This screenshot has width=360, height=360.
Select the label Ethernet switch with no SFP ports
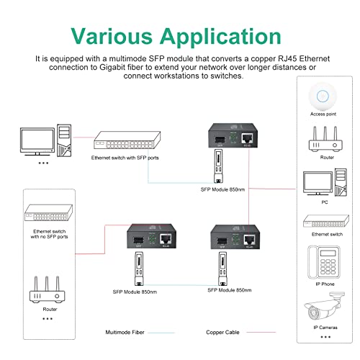50,233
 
